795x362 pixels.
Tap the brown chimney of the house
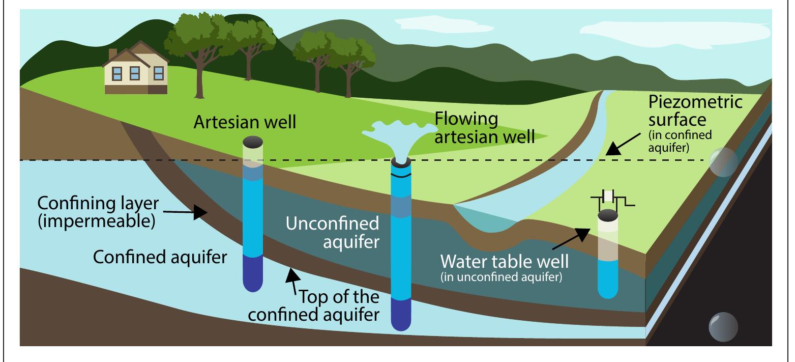tap(112, 53)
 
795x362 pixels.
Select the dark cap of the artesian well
tap(253, 141)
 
